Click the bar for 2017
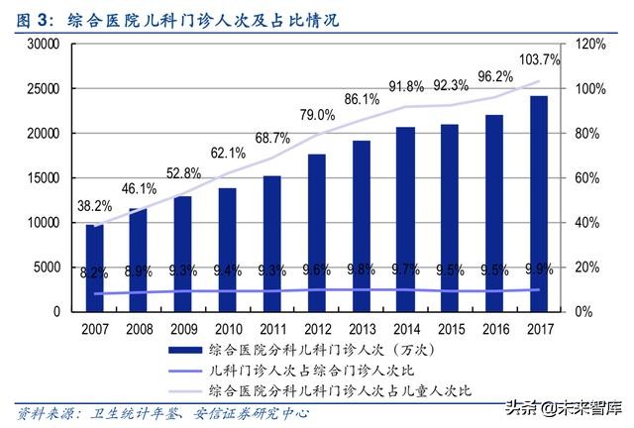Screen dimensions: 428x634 pos(537,203)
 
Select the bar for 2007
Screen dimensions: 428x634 pos(94,267)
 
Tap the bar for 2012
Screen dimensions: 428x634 pos(316,232)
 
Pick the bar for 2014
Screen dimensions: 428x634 pos(405,219)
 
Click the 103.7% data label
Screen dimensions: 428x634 pos(540,59)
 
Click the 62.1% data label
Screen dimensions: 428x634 pos(227,153)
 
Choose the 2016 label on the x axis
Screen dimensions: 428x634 pos(493,327)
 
